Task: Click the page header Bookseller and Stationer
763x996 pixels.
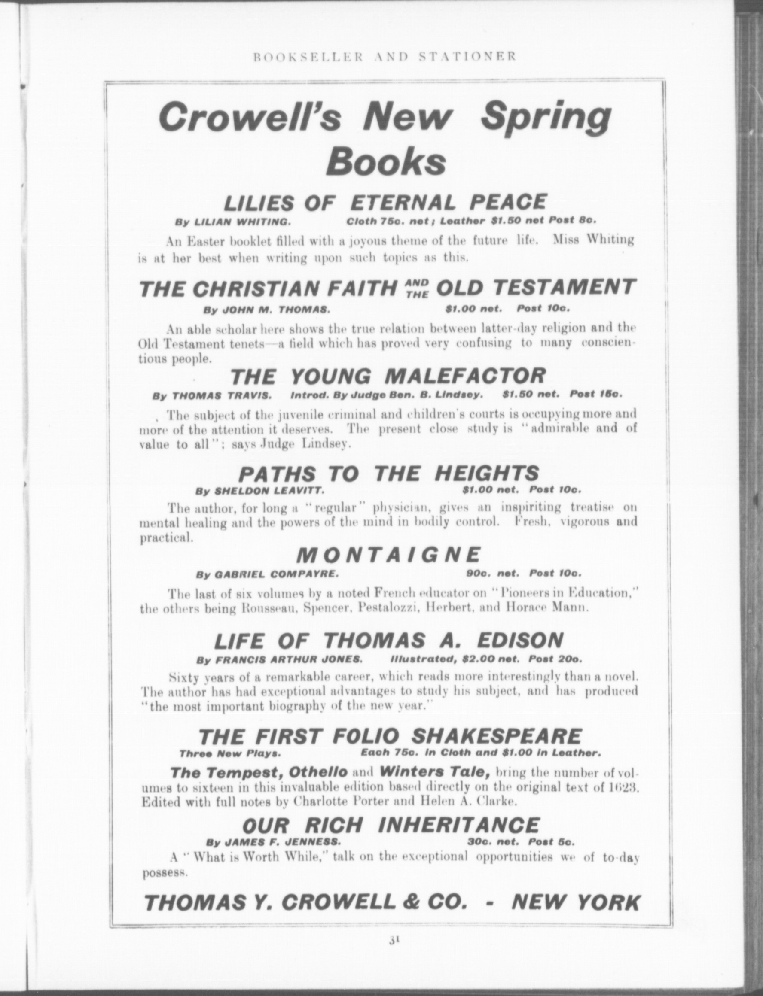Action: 384,57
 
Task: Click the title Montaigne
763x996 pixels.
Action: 388,555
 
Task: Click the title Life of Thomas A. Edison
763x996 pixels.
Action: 388,640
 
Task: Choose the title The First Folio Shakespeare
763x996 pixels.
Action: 390,736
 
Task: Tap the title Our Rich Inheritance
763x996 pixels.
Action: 391,824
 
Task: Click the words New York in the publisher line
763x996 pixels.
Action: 575,890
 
